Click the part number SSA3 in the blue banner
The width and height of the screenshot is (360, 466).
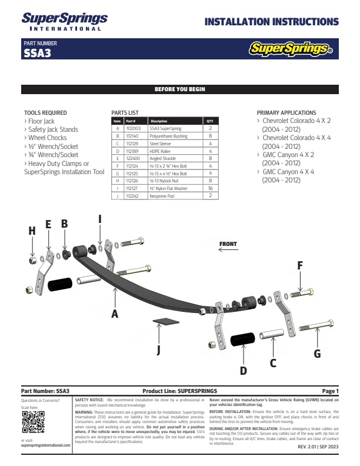(36, 52)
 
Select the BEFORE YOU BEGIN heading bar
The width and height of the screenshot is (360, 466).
(180, 89)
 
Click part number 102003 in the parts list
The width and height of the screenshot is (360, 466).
(132, 128)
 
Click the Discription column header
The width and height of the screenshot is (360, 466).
(159, 121)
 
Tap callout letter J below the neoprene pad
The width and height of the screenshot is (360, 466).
(159, 351)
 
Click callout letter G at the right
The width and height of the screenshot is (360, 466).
(317, 353)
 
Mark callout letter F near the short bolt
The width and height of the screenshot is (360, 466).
(300, 265)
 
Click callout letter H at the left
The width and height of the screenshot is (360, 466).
(32, 231)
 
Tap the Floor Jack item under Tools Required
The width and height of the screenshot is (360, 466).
(41, 121)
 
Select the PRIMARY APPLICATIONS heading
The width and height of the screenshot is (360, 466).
(286, 112)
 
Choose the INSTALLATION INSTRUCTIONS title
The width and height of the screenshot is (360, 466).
(271, 22)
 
